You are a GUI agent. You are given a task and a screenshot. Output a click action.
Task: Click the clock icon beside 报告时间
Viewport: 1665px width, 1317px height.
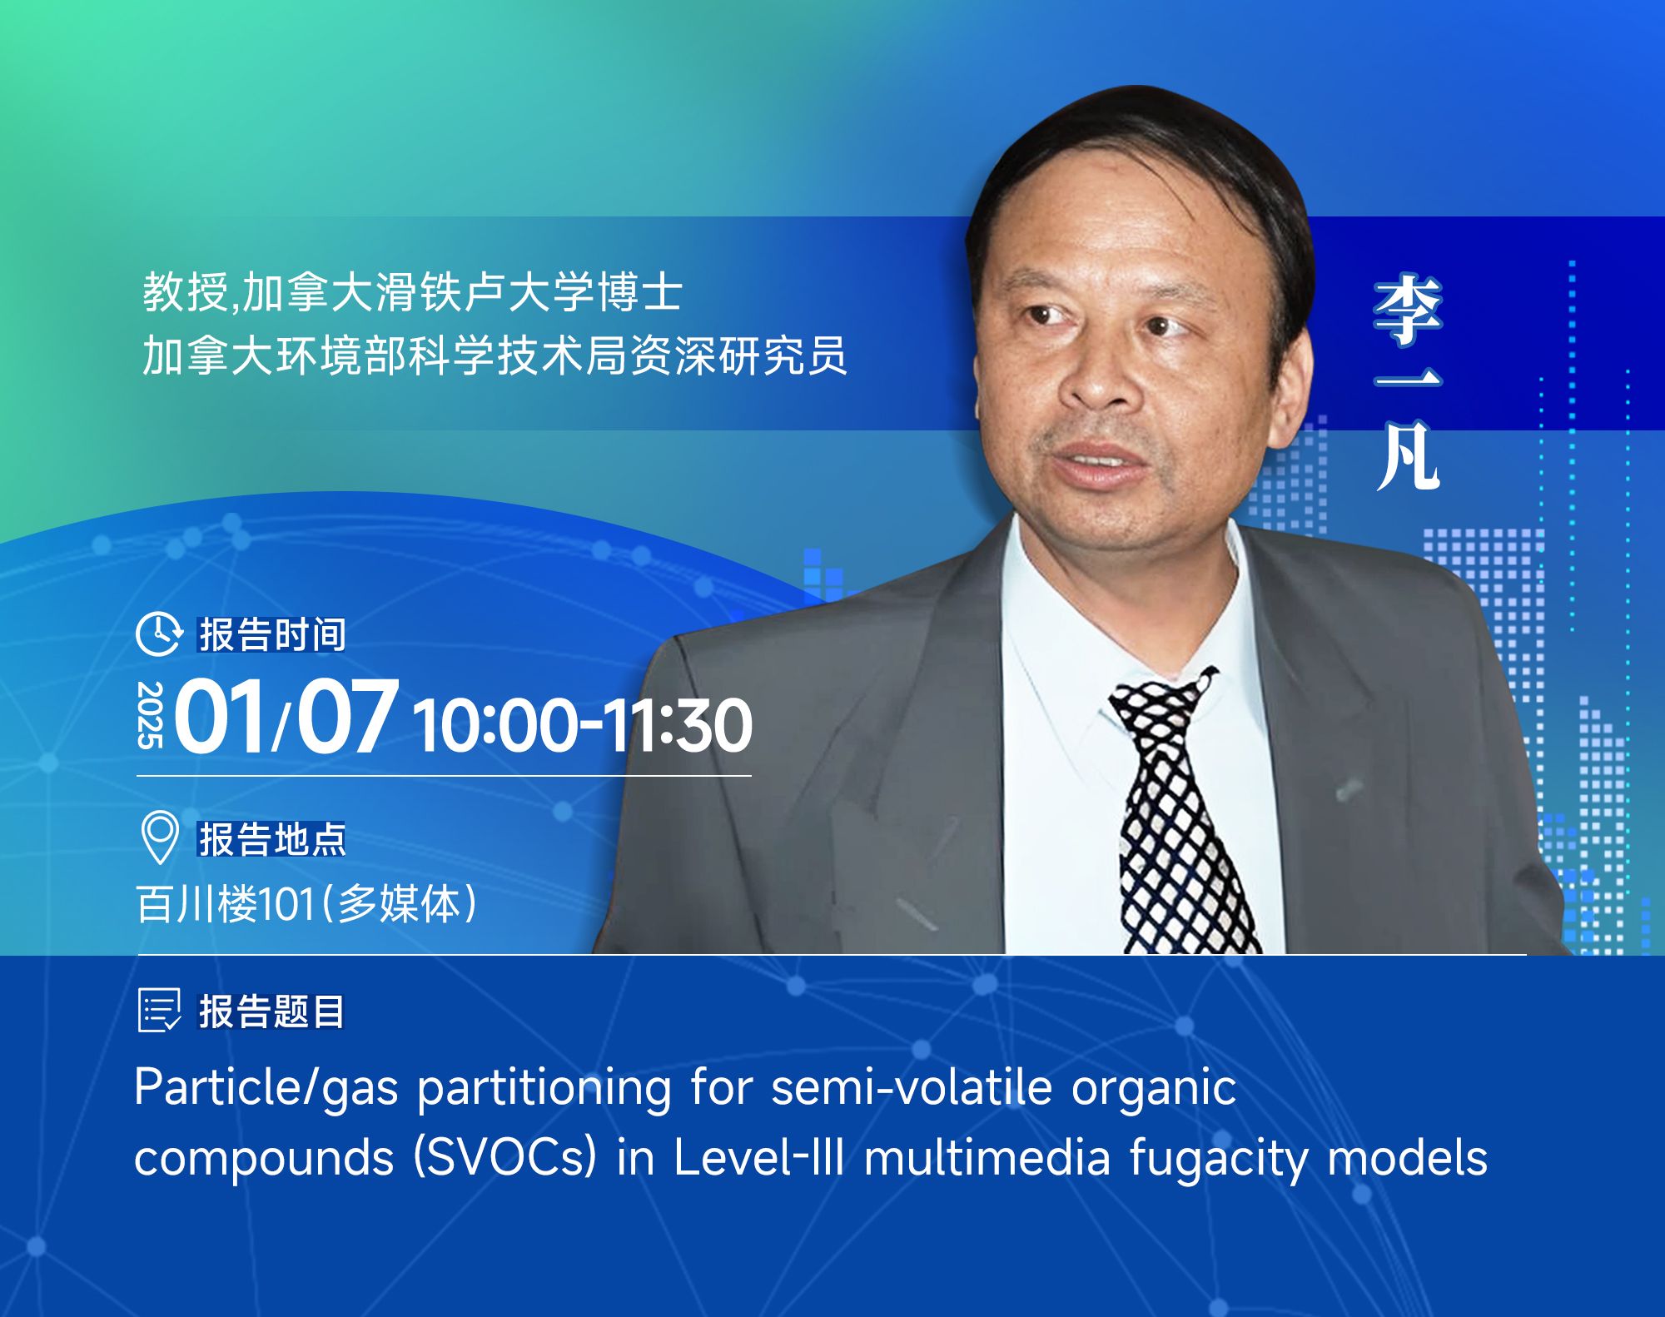pos(158,634)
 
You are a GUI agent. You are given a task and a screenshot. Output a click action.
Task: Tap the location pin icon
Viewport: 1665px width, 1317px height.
pos(159,837)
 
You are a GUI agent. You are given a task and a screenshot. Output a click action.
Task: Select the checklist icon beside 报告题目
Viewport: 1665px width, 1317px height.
pos(159,1011)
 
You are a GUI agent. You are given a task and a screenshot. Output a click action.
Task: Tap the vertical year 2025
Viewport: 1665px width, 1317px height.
pos(152,715)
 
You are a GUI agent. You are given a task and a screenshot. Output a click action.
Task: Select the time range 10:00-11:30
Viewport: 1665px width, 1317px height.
pos(583,725)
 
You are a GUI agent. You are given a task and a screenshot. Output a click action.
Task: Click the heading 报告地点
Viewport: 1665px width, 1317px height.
pos(271,838)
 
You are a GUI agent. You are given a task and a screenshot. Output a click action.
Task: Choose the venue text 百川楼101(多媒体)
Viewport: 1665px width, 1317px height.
pos(306,903)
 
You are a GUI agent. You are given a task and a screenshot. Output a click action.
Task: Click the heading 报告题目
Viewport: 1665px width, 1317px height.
pos(271,1011)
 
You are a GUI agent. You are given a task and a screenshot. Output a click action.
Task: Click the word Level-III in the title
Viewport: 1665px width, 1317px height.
pos(758,1158)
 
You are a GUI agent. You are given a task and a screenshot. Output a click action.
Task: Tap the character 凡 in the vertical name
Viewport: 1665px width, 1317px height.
pos(1408,456)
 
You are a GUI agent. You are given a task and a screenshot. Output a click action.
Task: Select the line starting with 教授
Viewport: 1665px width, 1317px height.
pos(413,292)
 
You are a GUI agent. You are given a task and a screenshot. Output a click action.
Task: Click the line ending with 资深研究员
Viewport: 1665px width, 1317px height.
pos(495,355)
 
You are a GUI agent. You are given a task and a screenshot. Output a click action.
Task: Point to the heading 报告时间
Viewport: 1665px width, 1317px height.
pos(271,634)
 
